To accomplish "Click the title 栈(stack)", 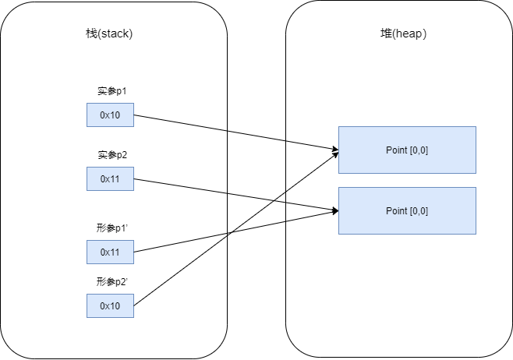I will pyautogui.click(x=110, y=34).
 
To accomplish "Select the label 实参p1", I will pyautogui.click(x=110, y=91).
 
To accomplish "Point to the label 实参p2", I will pyautogui.click(x=110, y=155).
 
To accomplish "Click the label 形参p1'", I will pyautogui.click(x=110, y=228).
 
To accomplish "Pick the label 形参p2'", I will pyautogui.click(x=110, y=281).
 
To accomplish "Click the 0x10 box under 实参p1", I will pyautogui.click(x=110, y=115).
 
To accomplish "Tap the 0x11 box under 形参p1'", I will pyautogui.click(x=110, y=252).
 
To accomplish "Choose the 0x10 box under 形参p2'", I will pyautogui.click(x=110, y=305).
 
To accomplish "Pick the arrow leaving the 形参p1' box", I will pyautogui.click(x=179, y=242).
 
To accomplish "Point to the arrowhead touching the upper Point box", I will pyautogui.click(x=335, y=149).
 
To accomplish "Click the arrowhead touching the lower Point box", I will pyautogui.click(x=335, y=210).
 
